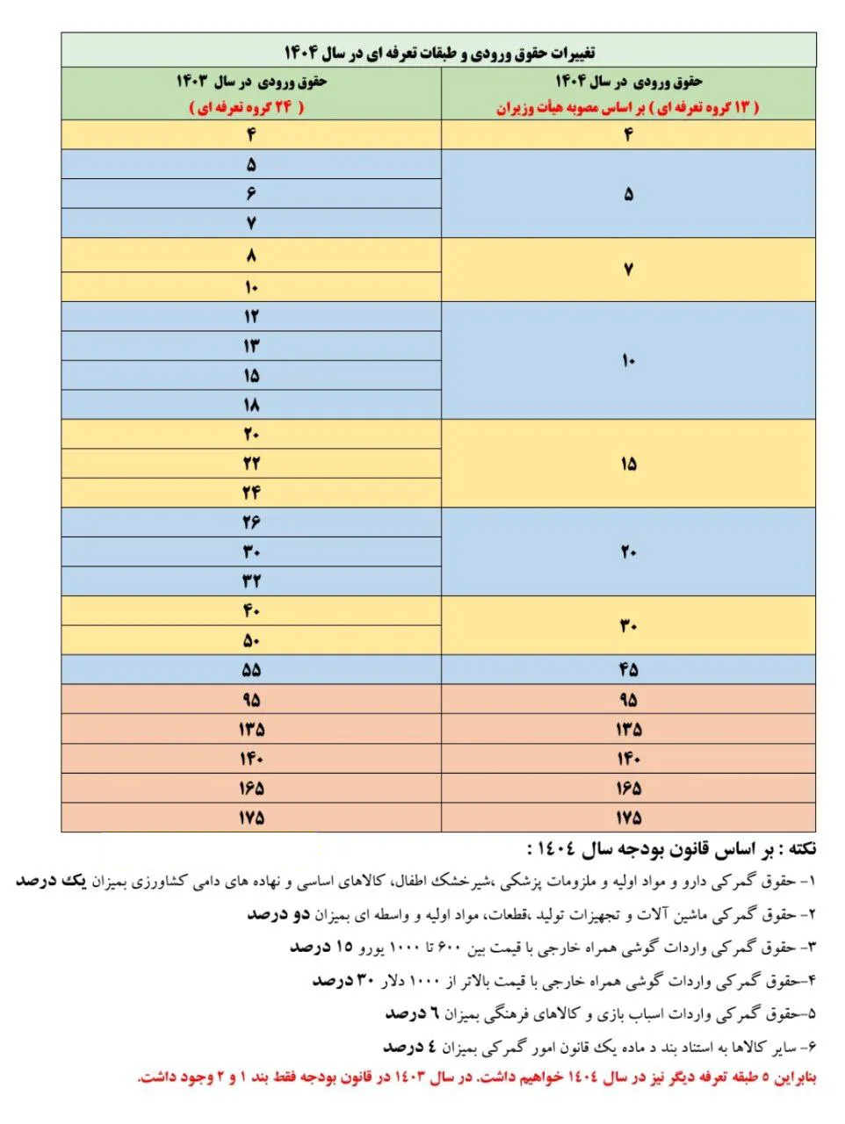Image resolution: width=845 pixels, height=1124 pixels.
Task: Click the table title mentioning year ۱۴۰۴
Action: pos(439,52)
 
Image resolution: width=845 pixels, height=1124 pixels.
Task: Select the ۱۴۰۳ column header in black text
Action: pos(251,82)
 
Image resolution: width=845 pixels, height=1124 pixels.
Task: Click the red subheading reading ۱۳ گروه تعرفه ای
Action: pos(627,107)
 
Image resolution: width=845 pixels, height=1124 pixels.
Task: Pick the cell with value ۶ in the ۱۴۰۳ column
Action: pos(251,193)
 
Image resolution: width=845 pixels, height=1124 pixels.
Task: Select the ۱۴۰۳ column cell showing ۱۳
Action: pos(251,346)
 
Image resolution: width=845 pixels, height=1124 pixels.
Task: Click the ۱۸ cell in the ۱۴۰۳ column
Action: pos(251,405)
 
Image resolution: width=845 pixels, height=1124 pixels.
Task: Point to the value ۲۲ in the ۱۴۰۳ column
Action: pos(251,464)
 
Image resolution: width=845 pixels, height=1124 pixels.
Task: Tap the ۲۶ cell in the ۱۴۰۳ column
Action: pos(251,522)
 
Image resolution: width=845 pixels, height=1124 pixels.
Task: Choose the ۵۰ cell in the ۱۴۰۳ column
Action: pos(251,640)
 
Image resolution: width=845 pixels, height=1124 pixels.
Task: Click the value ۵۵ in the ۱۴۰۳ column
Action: pos(251,670)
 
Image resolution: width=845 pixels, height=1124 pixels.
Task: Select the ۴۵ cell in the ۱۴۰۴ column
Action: pos(628,670)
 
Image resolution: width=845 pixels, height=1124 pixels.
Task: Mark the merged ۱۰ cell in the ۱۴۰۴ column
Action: pos(628,361)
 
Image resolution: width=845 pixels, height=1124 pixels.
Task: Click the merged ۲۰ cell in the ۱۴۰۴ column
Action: pos(628,552)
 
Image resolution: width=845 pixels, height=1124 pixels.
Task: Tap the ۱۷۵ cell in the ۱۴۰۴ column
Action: pos(628,818)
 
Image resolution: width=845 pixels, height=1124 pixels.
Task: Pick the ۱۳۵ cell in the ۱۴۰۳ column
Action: pos(251,729)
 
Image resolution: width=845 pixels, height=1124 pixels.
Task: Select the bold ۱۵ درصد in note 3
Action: pos(321,947)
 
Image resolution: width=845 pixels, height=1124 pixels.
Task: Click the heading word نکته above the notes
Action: pos(798,849)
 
